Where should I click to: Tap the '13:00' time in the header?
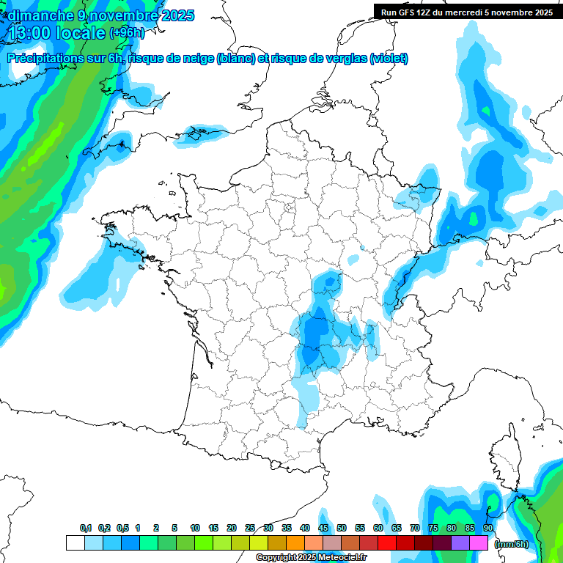[x=30, y=33]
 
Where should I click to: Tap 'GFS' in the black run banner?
[x=408, y=12]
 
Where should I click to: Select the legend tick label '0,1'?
[x=85, y=528]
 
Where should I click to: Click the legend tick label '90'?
[x=488, y=528]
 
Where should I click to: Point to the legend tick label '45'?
[x=323, y=528]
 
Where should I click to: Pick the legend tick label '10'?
[x=195, y=528]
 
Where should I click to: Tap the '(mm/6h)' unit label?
[x=511, y=544]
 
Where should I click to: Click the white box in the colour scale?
[x=75, y=543]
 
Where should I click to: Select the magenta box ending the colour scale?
[x=479, y=543]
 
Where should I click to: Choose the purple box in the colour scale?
[x=460, y=543]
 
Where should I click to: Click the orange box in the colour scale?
[x=295, y=543]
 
